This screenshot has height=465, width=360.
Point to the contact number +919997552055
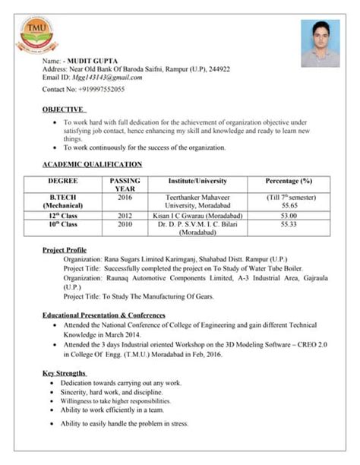click(x=104, y=90)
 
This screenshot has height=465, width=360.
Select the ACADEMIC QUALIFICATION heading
click(x=92, y=164)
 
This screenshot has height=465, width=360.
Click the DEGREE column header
click(x=63, y=181)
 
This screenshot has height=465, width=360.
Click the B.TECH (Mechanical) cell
click(x=63, y=201)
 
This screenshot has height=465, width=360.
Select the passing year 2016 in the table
click(x=125, y=197)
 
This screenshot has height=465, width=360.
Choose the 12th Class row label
click(x=63, y=216)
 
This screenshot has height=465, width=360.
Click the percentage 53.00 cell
click(x=289, y=216)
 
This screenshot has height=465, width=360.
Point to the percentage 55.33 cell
click(x=289, y=225)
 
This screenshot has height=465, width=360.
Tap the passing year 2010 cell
click(x=125, y=225)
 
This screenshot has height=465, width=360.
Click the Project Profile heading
click(x=65, y=250)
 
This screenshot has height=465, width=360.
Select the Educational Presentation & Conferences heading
click(x=103, y=315)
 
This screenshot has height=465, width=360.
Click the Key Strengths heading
click(x=65, y=373)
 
